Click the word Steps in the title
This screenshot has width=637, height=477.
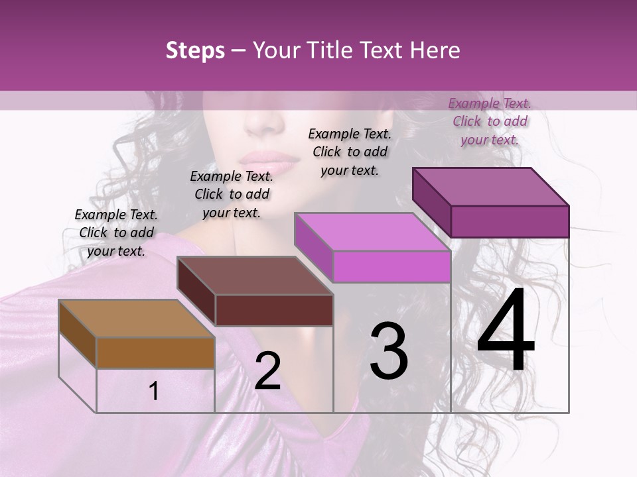pos(195,50)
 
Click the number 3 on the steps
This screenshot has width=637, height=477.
pos(389,351)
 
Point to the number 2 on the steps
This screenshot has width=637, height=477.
pos(267,371)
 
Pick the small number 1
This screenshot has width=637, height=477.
pos(154,391)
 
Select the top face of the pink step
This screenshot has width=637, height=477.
pos(372,232)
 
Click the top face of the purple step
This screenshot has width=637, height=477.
pos(490,187)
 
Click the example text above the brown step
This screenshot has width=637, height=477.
pos(116,233)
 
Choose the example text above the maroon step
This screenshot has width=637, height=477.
pos(232,194)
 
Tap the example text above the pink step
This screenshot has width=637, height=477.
pos(350,152)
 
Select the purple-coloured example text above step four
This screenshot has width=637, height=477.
pos(490,121)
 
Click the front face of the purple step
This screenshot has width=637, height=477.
pos(510,221)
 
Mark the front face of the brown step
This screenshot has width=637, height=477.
pos(155,352)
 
